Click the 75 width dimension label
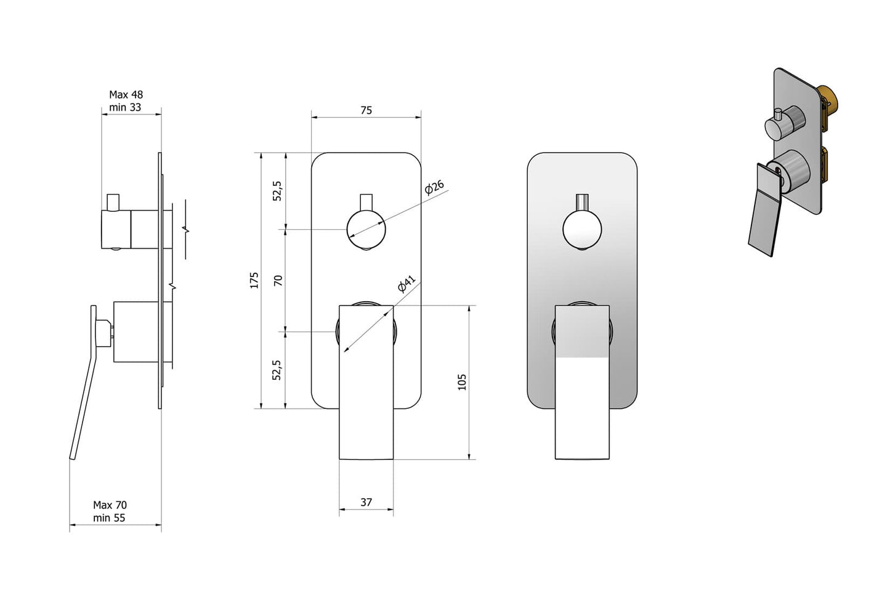[366, 110]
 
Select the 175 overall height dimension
[254, 280]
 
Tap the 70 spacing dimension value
[278, 280]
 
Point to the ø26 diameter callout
[434, 187]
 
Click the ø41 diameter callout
[407, 283]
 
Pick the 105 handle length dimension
[462, 382]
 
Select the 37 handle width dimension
[366, 502]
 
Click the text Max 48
[126, 94]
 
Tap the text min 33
[125, 107]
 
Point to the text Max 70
[110, 505]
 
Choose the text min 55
[109, 518]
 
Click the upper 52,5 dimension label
[278, 191]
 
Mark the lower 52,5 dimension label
[277, 370]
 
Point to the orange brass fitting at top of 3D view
[830, 100]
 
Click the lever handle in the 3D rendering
[766, 209]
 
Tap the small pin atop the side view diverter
[113, 202]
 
